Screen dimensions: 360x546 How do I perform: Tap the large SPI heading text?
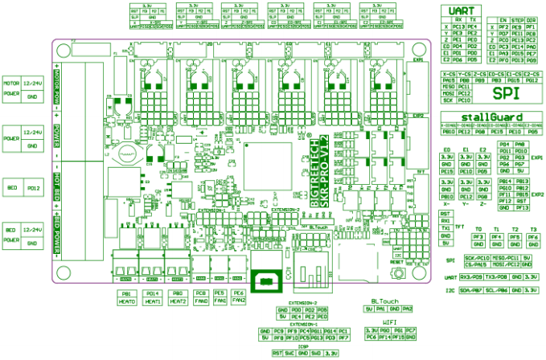coord(507,93)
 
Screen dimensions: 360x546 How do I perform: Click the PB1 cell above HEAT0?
coord(126,294)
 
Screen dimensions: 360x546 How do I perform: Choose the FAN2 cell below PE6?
coord(238,302)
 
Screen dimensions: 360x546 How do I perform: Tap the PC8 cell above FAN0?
coord(201,294)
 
